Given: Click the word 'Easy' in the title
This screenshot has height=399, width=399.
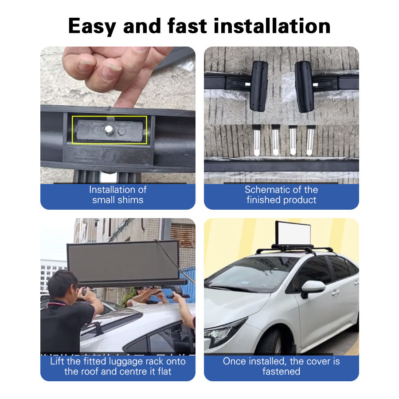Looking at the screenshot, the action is coord(92,27).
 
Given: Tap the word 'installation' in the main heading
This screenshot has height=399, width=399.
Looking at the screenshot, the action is coord(272,26).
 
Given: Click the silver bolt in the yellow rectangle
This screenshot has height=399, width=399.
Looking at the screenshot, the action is coord(110,130).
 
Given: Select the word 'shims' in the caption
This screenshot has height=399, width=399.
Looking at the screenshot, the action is coord(130,200).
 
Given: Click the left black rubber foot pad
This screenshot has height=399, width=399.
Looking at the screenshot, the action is coord(259,86).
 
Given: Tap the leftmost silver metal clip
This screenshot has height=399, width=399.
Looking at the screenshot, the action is coord(257,140).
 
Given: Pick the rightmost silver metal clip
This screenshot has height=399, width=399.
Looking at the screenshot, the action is coord(311,140).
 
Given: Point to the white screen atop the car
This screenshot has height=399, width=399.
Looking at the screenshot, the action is coord(293,233).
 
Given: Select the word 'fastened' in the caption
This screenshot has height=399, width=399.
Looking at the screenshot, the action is coord(281,372).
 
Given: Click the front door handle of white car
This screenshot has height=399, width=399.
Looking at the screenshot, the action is coord(336,293).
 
